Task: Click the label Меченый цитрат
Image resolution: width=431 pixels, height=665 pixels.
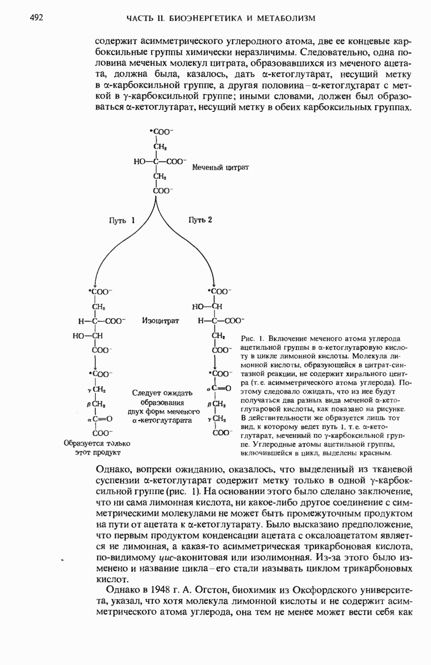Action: tap(220, 167)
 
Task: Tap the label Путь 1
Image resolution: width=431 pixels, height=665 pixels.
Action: tap(122, 220)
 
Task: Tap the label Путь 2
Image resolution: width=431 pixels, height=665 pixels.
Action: tap(200, 220)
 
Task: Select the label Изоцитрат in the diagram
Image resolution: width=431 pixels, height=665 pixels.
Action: tap(160, 321)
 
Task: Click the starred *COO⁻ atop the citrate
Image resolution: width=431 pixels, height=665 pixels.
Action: tap(161, 132)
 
